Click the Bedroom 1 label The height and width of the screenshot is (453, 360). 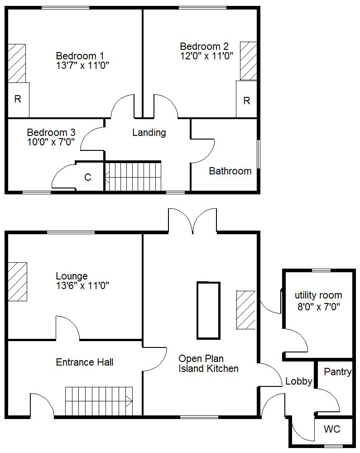pos(80,56)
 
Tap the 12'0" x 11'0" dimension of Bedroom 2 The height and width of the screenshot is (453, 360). pos(206,56)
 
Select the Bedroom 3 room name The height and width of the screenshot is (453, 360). pos(51,133)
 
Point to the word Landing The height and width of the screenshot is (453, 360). pos(149,133)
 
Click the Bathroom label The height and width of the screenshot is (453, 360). pos(230,171)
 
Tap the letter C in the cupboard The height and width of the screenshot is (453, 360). pos(88,177)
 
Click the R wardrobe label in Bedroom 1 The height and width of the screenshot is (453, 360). pos(18,99)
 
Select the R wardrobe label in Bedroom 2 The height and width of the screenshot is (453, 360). pos(246,101)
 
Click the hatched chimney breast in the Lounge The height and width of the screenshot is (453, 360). pos(17,282)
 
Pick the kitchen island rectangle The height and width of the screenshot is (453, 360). pos(208,310)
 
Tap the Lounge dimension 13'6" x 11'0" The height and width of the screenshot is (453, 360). pos(82,286)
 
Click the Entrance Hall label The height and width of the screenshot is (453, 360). pos(84,362)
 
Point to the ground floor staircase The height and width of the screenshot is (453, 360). pos(99,401)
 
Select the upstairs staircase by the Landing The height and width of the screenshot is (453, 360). pos(133,176)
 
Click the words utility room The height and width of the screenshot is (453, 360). pos(318,295)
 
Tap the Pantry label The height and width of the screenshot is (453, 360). pos(337,372)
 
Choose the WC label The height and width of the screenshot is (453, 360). pos(332,429)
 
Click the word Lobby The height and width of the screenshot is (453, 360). pos(299,381)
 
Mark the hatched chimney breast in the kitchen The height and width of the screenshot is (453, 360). pos(246,310)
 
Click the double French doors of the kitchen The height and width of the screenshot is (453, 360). pos(192,220)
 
